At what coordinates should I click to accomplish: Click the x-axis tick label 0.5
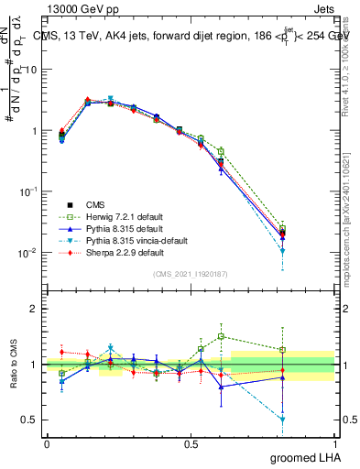click(191, 443)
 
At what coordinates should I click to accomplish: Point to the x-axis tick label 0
click(47, 443)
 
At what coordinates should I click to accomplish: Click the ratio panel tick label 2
click(34, 310)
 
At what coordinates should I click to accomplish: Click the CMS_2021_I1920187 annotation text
click(191, 274)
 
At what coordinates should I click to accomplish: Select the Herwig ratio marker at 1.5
click(221, 336)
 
